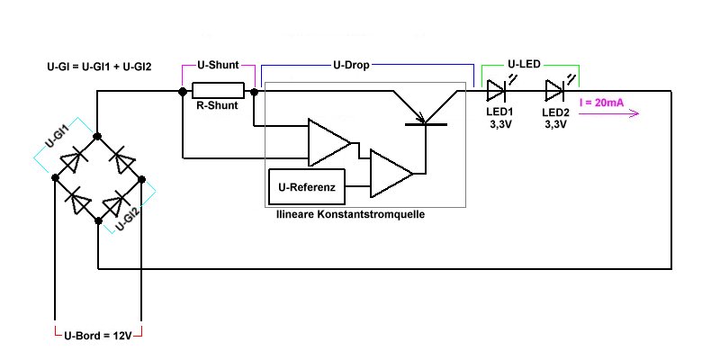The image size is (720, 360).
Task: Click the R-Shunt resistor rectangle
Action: [219, 90]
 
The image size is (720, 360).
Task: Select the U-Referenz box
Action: [308, 189]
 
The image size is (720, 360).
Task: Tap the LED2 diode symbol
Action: [555, 90]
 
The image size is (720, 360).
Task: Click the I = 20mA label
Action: [602, 103]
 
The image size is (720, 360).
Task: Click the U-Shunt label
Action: [218, 66]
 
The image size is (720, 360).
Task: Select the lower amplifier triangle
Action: [390, 172]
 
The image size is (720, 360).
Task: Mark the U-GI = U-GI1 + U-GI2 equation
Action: [97, 67]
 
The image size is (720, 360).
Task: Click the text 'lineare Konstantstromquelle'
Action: [350, 216]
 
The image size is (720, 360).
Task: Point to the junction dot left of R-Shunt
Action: [182, 91]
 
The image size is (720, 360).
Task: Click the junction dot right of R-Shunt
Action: [255, 91]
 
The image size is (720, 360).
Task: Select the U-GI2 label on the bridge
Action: [128, 216]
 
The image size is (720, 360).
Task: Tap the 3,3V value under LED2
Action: [555, 125]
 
